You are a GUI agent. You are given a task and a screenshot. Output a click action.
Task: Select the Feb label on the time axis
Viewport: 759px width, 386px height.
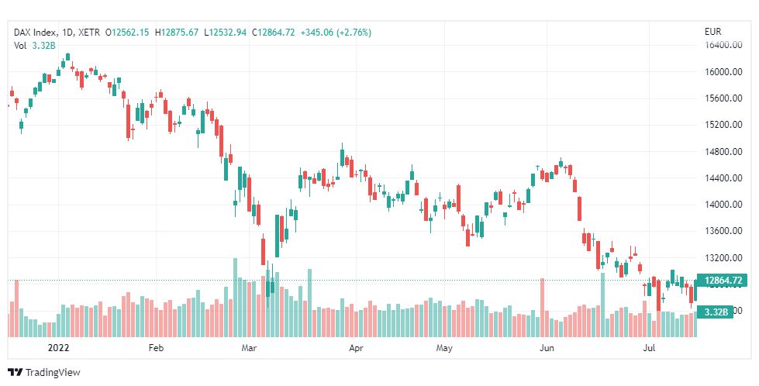click(156, 349)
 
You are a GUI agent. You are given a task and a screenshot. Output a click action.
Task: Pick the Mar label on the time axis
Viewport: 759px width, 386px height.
click(249, 349)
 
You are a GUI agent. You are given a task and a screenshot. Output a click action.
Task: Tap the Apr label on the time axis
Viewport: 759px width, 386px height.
click(356, 349)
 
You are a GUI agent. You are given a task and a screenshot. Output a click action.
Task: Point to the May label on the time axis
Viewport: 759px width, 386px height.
click(443, 349)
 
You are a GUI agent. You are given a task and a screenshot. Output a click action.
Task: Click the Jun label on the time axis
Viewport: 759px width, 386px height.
click(547, 349)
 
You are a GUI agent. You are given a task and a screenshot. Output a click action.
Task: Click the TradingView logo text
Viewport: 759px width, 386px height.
click(52, 373)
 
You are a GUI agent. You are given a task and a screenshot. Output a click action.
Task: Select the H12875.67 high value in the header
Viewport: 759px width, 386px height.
click(177, 33)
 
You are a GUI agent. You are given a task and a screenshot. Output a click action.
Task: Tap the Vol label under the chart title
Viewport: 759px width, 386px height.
click(20, 46)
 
